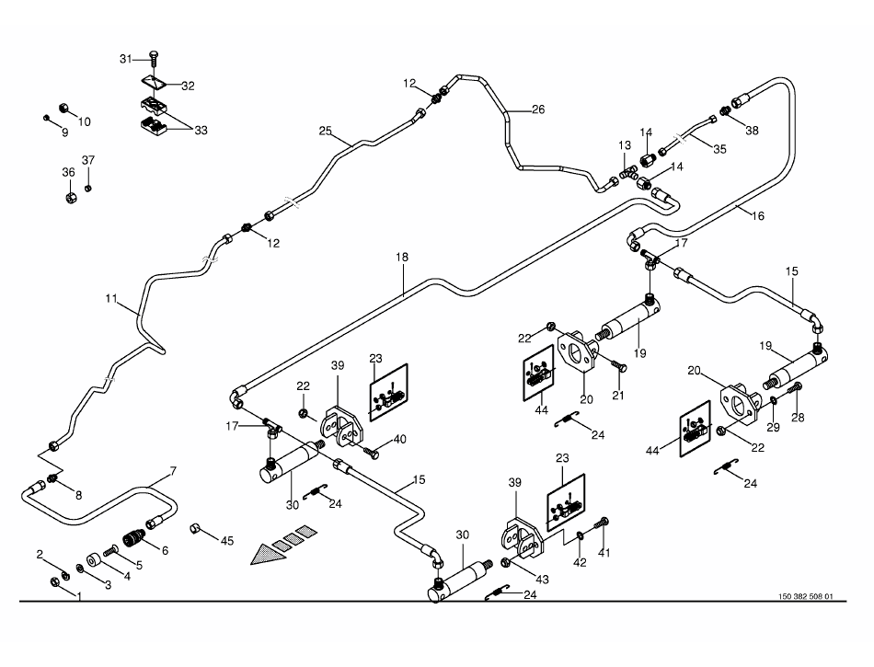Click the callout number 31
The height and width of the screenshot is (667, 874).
click(127, 59)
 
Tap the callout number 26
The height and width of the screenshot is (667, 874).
click(537, 109)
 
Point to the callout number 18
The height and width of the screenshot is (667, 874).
click(402, 258)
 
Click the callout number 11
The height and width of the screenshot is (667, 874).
click(111, 299)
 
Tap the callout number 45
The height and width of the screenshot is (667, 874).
click(227, 541)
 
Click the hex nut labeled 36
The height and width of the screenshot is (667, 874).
click(70, 196)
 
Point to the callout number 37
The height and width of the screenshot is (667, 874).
click(88, 161)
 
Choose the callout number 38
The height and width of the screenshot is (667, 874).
click(753, 131)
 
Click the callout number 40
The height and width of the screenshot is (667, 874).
click(400, 440)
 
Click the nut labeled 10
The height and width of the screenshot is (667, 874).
click(65, 107)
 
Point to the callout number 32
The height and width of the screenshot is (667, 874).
click(188, 86)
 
